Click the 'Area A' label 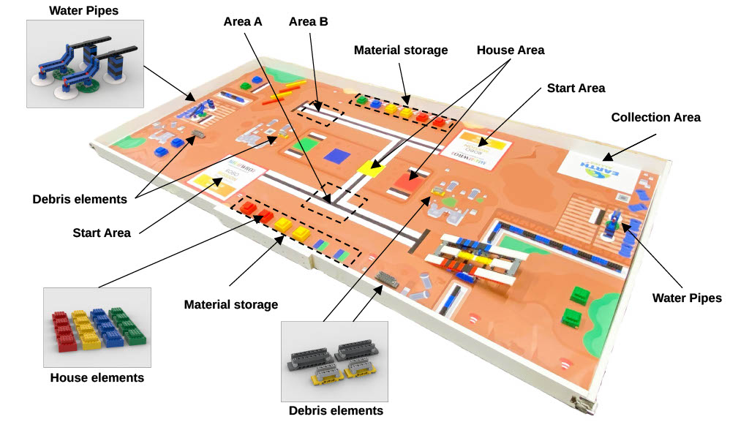[x=242, y=21]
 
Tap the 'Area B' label [x=309, y=21]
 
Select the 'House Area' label [x=511, y=50]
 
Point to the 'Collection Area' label [x=655, y=117]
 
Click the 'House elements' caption [x=97, y=377]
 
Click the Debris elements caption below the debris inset [x=336, y=410]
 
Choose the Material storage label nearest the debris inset [x=230, y=304]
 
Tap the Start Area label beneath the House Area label [x=576, y=88]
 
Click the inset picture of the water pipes [x=85, y=64]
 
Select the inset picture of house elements [x=97, y=327]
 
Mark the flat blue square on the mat [x=336, y=155]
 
